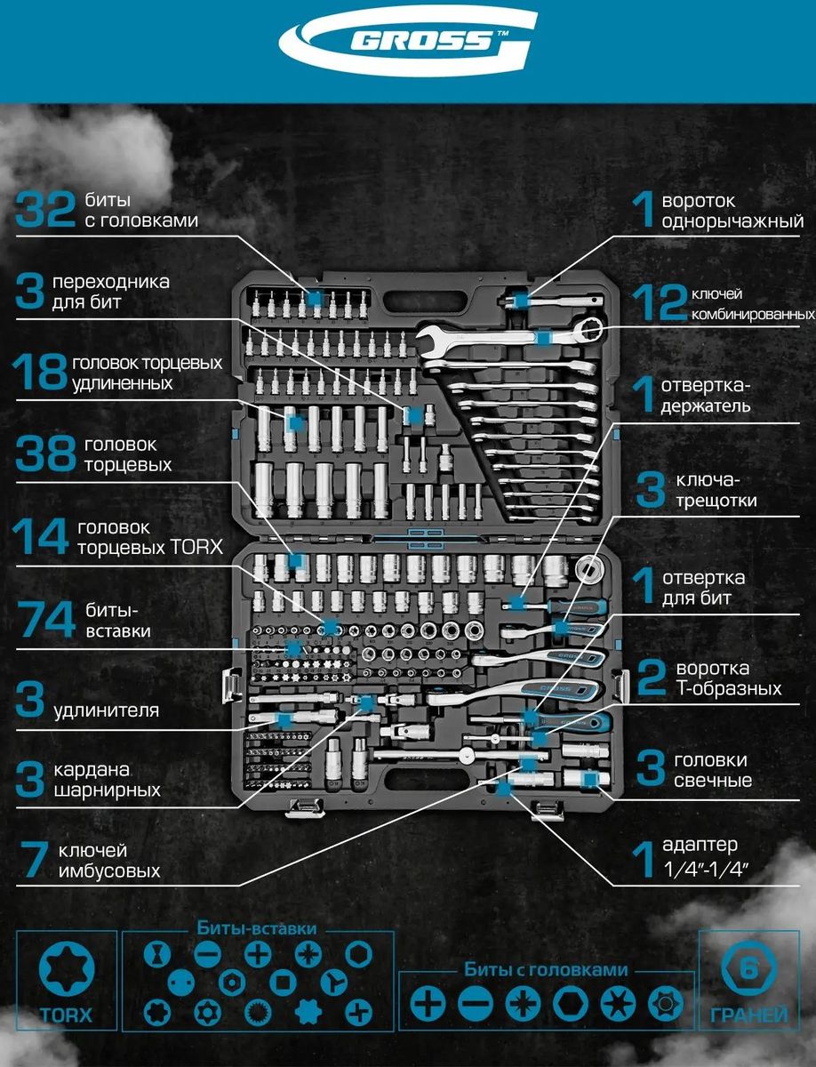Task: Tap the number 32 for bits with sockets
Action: (x=45, y=211)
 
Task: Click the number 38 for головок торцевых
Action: (x=45, y=454)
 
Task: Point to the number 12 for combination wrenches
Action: (x=659, y=303)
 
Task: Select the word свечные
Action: (x=713, y=781)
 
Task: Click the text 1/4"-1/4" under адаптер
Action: (x=701, y=871)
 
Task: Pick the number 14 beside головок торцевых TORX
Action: (x=40, y=537)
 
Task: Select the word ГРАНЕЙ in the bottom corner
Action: (x=748, y=1015)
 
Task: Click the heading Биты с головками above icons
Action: (x=546, y=970)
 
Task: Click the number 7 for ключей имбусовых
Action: (x=33, y=861)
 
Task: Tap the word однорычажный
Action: (x=732, y=221)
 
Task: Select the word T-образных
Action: (x=729, y=688)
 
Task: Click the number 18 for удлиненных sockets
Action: (x=40, y=373)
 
